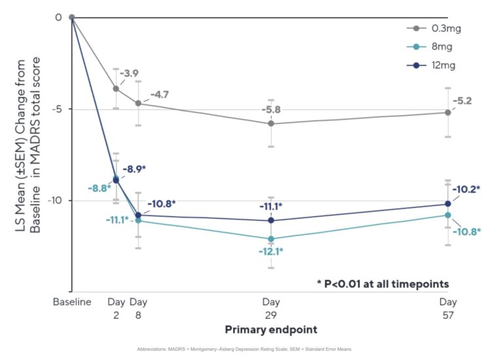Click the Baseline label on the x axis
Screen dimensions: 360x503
click(71, 302)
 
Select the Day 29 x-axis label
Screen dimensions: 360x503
click(270, 308)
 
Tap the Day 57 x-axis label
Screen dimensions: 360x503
click(448, 308)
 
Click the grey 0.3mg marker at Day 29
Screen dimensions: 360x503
click(270, 124)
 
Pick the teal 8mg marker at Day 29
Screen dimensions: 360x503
click(270, 239)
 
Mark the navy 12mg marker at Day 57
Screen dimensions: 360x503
click(448, 204)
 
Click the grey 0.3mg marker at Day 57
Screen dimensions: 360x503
click(448, 113)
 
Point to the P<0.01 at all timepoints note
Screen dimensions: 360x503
click(383, 283)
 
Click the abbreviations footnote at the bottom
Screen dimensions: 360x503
click(244, 350)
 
